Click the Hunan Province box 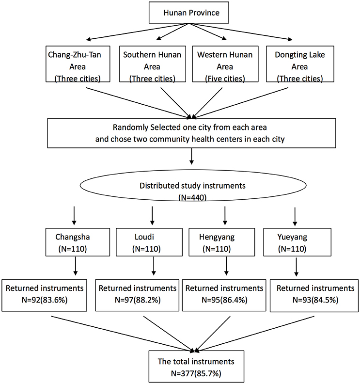click(x=189, y=13)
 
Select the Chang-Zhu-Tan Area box click(x=78, y=64)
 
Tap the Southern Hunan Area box click(x=153, y=64)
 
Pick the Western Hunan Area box click(x=225, y=64)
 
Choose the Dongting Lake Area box click(x=300, y=64)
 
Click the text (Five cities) click(x=225, y=79)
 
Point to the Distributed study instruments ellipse click(x=193, y=185)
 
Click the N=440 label click(x=192, y=197)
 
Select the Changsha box click(x=78, y=242)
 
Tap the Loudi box click(x=149, y=242)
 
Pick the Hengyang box click(x=221, y=242)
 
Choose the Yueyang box click(x=297, y=242)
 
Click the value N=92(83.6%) click(x=45, y=300)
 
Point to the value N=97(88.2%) click(x=138, y=300)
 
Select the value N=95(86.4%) click(x=224, y=300)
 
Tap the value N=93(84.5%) click(x=315, y=300)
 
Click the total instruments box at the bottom click(x=196, y=367)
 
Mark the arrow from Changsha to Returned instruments click(x=76, y=266)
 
